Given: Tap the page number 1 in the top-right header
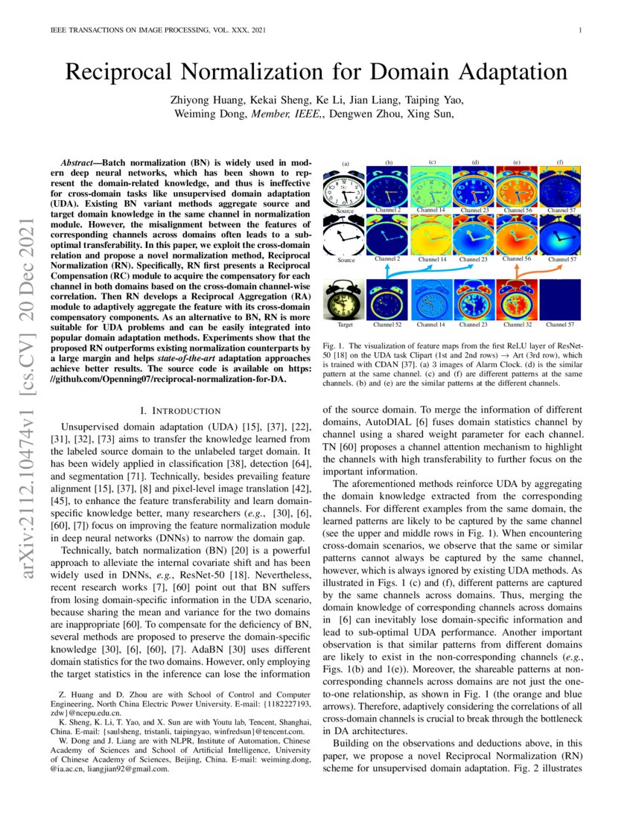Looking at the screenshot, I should click(579, 31).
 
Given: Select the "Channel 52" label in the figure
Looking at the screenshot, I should click(387, 325).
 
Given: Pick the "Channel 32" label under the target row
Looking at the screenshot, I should click(518, 325).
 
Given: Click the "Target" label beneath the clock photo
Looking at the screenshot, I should click(344, 325).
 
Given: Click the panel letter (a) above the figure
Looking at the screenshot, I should click(346, 162).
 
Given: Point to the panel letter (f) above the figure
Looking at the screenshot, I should click(560, 162).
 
